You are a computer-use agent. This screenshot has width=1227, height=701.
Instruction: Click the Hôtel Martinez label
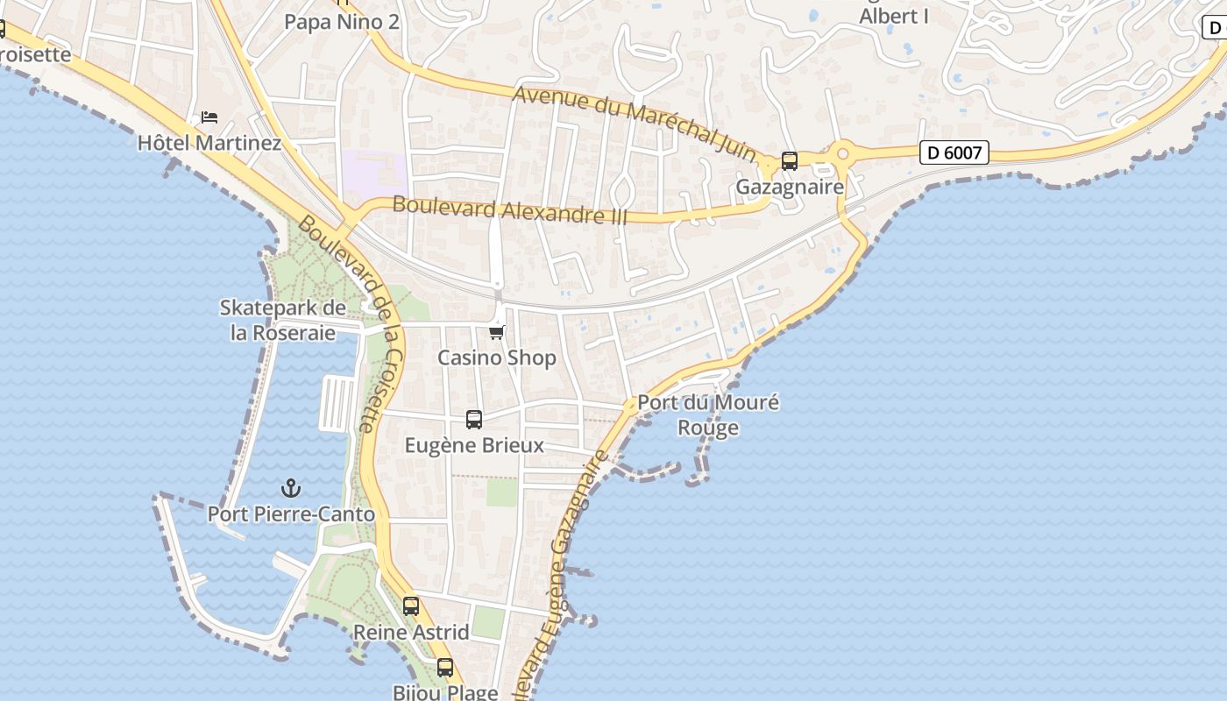tap(209, 142)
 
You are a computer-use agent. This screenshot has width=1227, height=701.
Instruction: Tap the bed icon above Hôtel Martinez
tap(209, 117)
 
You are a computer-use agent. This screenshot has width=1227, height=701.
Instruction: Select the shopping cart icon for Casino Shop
tap(497, 332)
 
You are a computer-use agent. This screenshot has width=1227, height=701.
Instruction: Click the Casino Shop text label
tap(497, 358)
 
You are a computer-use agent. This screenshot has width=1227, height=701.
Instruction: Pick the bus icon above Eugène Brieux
tap(474, 420)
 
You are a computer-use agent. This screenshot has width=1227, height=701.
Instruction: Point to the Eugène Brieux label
tap(474, 445)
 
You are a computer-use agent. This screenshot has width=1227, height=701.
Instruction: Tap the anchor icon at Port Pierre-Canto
tap(290, 488)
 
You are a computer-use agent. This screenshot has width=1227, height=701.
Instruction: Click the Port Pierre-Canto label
tap(291, 514)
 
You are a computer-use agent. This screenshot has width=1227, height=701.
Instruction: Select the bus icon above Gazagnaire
tap(790, 161)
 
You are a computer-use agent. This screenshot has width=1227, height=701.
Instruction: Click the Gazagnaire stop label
tap(790, 187)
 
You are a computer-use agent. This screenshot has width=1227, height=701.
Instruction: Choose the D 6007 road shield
tap(954, 152)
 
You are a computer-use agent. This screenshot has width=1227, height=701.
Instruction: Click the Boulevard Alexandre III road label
tap(510, 210)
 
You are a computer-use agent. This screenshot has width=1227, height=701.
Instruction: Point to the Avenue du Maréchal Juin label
tap(635, 124)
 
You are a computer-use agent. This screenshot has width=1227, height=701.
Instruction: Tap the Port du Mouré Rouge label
tap(708, 415)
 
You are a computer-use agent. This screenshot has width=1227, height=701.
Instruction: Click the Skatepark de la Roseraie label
tap(283, 321)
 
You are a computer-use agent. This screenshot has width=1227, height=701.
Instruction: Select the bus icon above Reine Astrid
tap(411, 606)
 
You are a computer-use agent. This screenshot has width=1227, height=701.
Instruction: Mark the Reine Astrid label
tap(411, 632)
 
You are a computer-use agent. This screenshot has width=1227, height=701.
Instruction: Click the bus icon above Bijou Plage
tap(445, 668)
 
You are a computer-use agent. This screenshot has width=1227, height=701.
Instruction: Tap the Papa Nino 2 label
tap(342, 22)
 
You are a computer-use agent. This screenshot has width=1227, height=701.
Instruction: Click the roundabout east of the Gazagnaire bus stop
tap(843, 154)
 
